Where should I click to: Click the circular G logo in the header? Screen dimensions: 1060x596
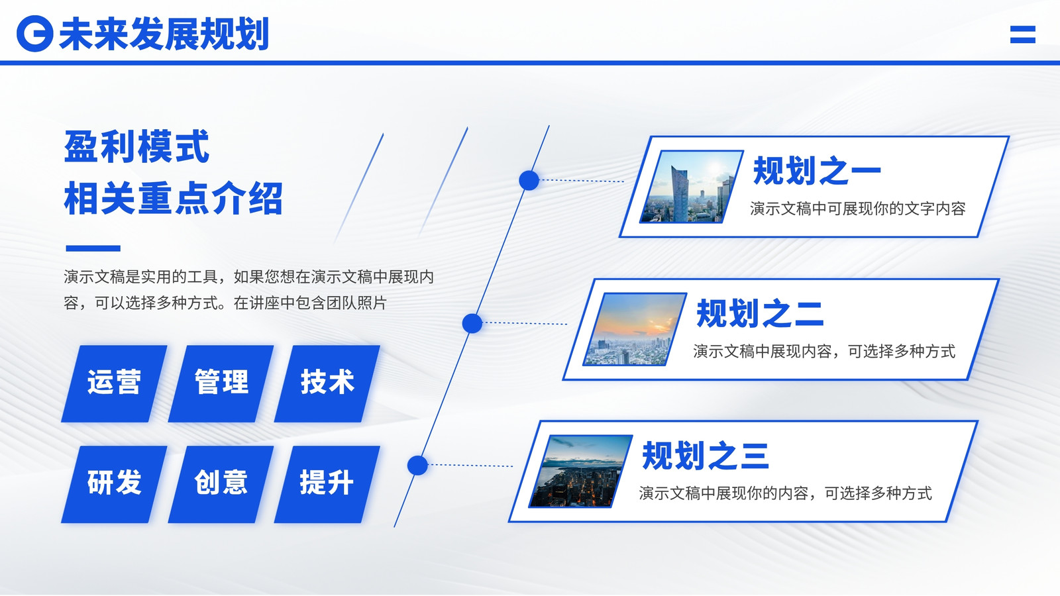(34, 34)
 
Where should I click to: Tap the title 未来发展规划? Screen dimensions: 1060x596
(164, 34)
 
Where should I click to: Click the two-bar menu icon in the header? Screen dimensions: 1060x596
(1023, 34)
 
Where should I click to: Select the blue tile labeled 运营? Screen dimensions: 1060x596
(114, 383)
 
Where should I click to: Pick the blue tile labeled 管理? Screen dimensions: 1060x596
(221, 383)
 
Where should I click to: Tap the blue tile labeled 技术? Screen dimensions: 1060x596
(327, 383)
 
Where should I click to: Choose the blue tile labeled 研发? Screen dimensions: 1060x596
(114, 484)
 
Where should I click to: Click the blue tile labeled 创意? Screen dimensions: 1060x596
(221, 484)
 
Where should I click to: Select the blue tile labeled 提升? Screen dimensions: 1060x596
(327, 484)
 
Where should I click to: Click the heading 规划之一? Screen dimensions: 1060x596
(817, 171)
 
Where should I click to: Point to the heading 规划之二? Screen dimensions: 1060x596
(760, 313)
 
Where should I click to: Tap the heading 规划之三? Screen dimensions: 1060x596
(705, 456)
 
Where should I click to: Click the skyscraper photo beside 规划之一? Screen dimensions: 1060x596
(692, 186)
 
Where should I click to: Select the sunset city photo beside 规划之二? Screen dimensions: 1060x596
(635, 329)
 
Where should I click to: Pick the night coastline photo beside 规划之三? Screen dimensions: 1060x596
(580, 472)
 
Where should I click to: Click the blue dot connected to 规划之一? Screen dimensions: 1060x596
(529, 180)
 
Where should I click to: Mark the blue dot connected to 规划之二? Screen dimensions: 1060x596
(472, 324)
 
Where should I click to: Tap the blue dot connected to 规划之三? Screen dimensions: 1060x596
(417, 466)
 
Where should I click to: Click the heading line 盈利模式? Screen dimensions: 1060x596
(136, 146)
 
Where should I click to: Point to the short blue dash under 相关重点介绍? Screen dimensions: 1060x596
(93, 248)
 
